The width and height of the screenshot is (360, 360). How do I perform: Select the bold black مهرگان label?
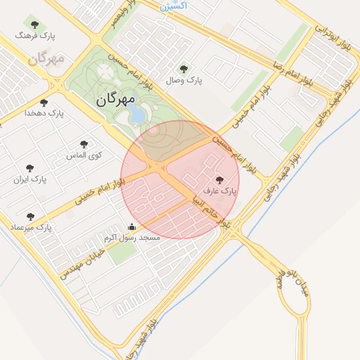115,100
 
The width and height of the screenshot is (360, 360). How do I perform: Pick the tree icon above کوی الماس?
84,144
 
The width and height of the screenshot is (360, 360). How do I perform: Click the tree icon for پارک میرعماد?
30,217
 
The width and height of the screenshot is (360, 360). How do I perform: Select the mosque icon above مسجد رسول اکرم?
131,226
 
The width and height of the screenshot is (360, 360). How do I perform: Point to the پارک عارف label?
220,191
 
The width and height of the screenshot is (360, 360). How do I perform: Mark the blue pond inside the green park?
139,113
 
